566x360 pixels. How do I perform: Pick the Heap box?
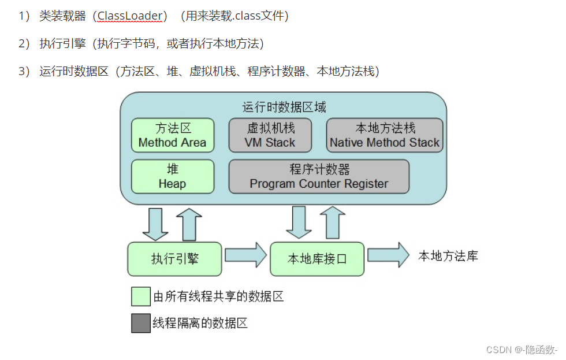(x=172, y=177)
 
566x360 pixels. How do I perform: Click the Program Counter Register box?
(x=319, y=177)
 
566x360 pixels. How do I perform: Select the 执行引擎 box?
(x=174, y=259)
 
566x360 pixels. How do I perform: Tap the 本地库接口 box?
(x=317, y=259)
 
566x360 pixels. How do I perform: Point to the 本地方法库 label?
(x=448, y=256)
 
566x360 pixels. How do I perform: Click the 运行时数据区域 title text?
(x=284, y=107)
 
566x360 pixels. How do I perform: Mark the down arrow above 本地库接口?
(x=299, y=222)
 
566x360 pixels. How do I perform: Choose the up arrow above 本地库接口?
(x=332, y=222)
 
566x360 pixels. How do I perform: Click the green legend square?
(x=141, y=296)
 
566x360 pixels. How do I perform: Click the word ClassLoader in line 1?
(x=130, y=16)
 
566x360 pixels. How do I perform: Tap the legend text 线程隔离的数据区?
(x=200, y=323)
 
